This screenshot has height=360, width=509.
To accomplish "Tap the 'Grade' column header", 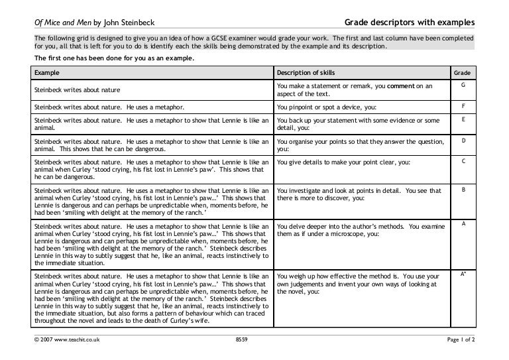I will (x=461, y=71).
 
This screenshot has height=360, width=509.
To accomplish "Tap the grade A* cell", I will (x=462, y=274).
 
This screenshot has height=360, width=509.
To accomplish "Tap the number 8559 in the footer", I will (x=241, y=340).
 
